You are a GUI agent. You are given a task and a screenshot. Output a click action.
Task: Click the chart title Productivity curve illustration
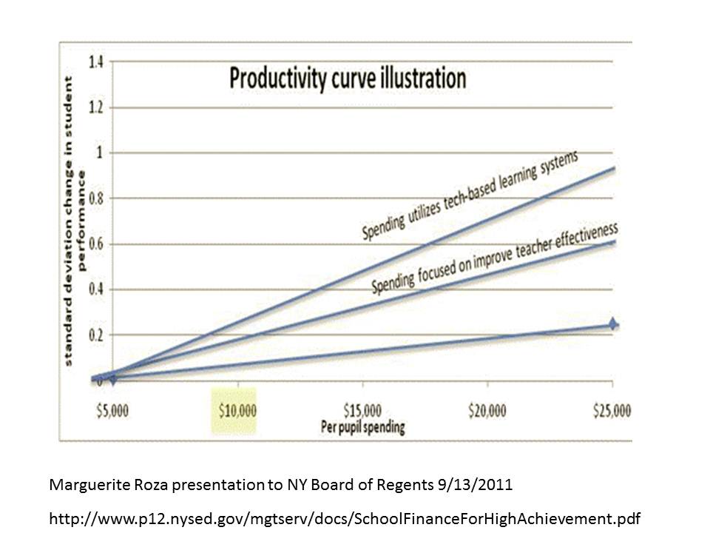point(348,78)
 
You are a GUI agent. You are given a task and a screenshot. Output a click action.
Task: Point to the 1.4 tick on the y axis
point(95,62)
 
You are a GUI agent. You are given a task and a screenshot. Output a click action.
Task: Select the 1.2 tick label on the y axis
point(95,108)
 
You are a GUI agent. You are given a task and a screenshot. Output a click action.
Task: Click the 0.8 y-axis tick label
point(95,198)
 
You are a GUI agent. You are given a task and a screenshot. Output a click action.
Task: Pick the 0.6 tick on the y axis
point(95,244)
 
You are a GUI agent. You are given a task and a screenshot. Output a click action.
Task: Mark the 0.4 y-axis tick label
point(95,289)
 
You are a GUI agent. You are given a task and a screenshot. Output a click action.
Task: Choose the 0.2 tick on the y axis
point(95,335)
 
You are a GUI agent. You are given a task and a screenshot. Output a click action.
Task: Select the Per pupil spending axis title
point(362,427)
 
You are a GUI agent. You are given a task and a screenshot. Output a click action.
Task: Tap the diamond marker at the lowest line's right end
point(613,324)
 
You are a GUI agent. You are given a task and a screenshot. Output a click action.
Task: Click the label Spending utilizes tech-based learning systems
point(469,195)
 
